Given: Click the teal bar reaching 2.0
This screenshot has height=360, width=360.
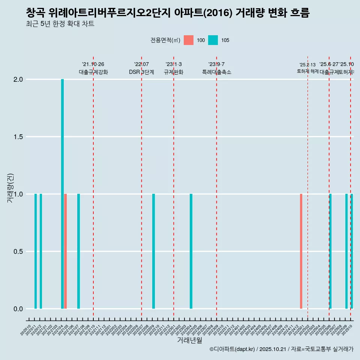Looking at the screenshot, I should (62, 194).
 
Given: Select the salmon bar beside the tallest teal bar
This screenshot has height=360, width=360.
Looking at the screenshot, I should (65, 251).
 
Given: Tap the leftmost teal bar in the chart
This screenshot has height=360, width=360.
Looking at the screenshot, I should (36, 251).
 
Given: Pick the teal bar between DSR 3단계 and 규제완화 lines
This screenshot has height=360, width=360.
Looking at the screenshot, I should (153, 251).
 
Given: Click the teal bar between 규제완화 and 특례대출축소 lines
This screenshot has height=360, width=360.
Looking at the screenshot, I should (191, 251).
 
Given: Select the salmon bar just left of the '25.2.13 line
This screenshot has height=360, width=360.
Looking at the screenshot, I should (301, 251).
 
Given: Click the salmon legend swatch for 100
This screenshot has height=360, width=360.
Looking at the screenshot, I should (189, 40).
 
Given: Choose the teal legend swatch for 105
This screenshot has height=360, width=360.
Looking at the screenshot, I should (213, 40).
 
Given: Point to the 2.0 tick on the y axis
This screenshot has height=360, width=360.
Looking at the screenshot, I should (18, 79).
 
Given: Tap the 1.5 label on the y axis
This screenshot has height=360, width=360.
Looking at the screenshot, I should (18, 137).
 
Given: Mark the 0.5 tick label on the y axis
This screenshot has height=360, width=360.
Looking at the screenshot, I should (18, 252).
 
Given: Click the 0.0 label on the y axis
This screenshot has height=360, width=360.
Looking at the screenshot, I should (18, 309).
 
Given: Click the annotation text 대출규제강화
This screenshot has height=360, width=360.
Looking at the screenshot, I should (93, 72).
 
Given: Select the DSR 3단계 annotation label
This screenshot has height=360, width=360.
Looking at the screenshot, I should (141, 72).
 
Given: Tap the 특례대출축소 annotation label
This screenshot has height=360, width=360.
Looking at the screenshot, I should (216, 72).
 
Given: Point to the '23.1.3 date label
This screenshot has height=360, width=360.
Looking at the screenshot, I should (174, 64).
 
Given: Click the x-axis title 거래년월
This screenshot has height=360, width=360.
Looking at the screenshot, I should (189, 340).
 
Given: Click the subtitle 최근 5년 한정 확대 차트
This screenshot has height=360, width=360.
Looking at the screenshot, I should (60, 24).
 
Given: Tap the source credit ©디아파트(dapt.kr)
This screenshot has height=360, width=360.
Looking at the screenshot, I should (232, 349).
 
